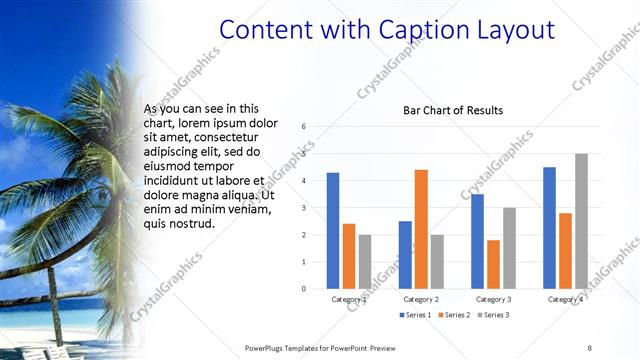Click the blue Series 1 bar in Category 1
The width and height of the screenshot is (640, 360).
pyautogui.click(x=333, y=231)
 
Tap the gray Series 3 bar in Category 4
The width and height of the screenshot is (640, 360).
pyautogui.click(x=581, y=221)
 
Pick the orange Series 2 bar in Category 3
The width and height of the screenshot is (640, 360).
pyautogui.click(x=493, y=264)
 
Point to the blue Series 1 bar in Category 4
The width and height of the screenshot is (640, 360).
pyautogui.click(x=550, y=228)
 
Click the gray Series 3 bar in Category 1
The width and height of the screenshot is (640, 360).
pyautogui.click(x=365, y=262)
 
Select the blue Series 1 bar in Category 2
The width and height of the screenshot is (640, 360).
pyautogui.click(x=405, y=255)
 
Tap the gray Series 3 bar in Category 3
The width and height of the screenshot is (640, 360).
pyautogui.click(x=509, y=248)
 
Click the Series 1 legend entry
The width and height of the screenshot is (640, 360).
pyautogui.click(x=418, y=315)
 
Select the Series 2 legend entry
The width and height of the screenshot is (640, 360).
pyautogui.click(x=455, y=315)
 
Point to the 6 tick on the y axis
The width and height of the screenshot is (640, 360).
pyautogui.click(x=303, y=127)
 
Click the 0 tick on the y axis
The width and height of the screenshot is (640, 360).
pyautogui.click(x=303, y=289)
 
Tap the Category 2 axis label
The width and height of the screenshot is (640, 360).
pyautogui.click(x=421, y=299)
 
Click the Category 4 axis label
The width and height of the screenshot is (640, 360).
pyautogui.click(x=566, y=299)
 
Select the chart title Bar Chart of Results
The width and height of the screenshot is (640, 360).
pyautogui.click(x=453, y=110)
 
